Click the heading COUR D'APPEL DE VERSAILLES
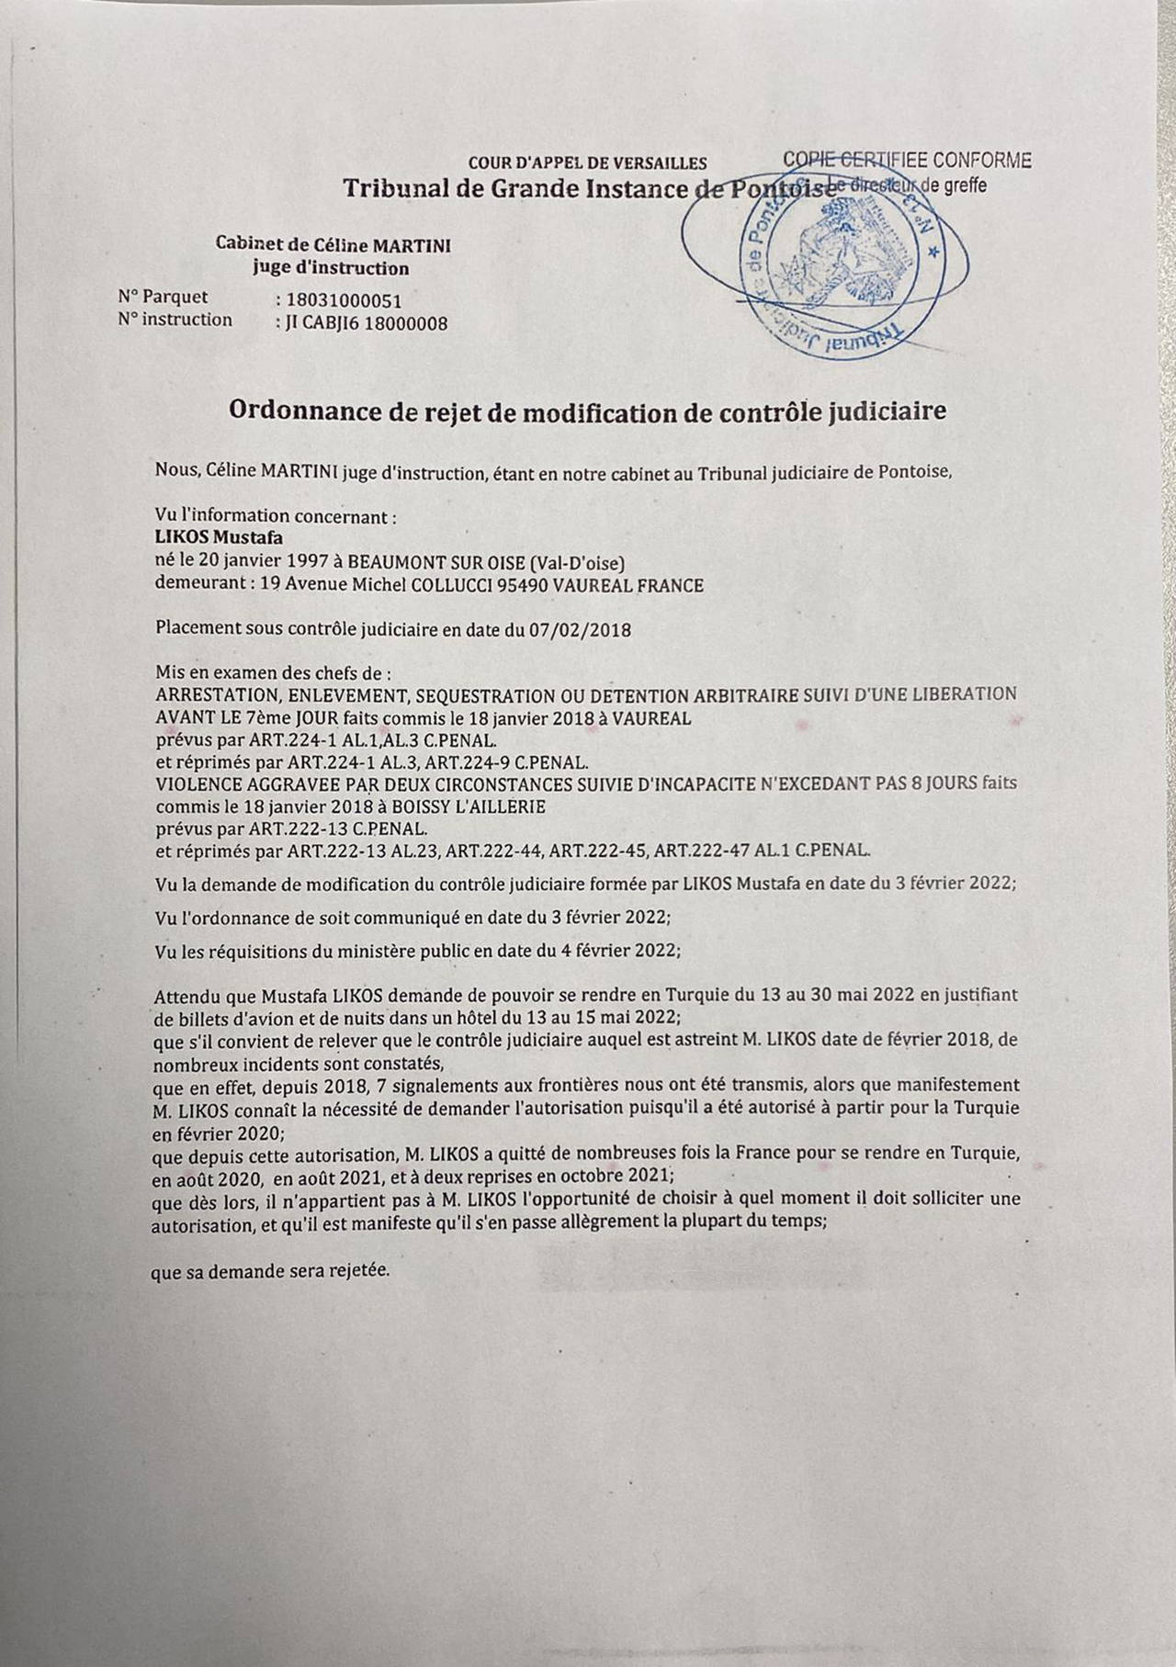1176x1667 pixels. click(x=588, y=163)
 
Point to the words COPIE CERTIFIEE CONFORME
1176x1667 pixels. click(x=908, y=161)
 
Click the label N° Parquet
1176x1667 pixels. click(x=163, y=297)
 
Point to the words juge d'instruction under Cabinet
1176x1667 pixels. click(x=332, y=268)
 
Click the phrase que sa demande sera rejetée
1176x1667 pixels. click(x=270, y=1273)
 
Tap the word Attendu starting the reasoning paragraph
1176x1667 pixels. click(x=187, y=996)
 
